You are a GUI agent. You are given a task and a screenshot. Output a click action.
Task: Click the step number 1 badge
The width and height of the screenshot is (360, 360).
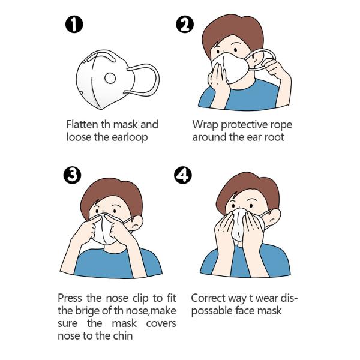[x=74, y=25]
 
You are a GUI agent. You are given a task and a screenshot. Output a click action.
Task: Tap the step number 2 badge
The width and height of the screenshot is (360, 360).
[x=185, y=25]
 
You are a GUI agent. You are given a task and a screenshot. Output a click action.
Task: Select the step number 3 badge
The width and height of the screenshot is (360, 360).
[x=72, y=175]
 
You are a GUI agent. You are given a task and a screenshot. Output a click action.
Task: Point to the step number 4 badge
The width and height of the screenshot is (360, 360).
[x=183, y=175]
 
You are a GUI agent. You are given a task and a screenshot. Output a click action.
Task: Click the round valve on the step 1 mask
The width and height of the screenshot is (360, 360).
[x=110, y=78]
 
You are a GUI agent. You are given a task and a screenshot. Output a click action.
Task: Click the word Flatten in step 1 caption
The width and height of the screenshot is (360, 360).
[x=82, y=124]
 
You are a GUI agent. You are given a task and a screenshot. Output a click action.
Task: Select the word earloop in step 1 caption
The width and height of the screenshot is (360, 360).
[x=130, y=137]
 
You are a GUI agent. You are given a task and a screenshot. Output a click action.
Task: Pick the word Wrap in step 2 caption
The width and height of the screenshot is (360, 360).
[x=205, y=125]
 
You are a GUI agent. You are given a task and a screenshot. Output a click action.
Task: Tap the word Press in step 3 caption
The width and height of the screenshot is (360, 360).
[x=70, y=298]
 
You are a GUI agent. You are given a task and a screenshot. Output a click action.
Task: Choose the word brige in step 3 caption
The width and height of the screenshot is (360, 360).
[x=86, y=311]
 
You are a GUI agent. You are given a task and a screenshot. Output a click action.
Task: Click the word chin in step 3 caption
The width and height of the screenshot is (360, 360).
[x=122, y=335]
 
